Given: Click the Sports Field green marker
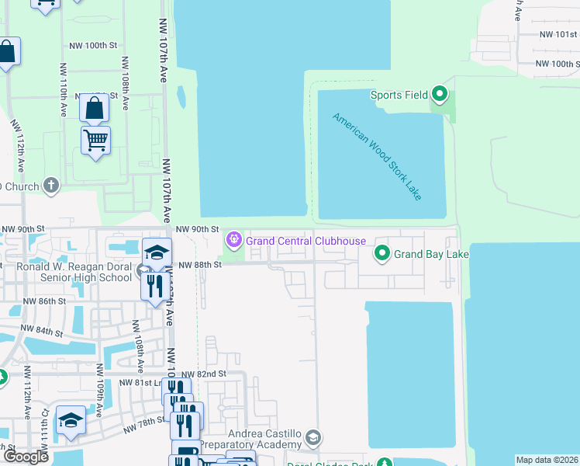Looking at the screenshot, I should click(440, 96).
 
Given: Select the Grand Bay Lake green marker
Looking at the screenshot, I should click(382, 253).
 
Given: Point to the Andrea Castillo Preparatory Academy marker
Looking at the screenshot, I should click(312, 438).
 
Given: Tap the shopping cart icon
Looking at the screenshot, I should click(95, 141).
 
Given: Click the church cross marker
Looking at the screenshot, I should click(51, 186).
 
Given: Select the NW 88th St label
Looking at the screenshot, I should click(200, 265).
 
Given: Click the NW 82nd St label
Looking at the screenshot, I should click(204, 374).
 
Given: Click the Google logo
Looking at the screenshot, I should click(26, 457).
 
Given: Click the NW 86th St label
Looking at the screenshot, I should click(44, 301).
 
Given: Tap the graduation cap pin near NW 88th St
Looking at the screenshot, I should click(157, 252).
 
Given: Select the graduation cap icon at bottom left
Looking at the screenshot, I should click(71, 419).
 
